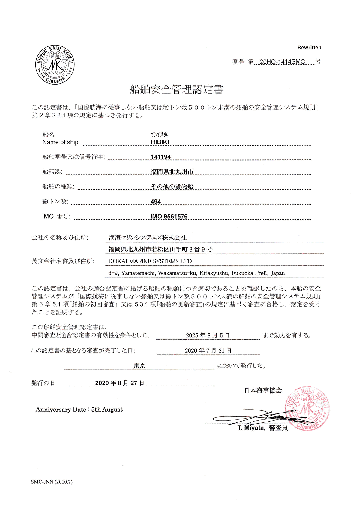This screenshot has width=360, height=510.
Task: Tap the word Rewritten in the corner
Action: coord(309,47)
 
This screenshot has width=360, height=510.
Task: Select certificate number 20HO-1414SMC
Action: coord(282,62)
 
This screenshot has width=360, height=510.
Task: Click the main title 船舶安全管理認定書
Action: coord(176,89)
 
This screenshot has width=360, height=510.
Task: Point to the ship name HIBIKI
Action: coord(160,142)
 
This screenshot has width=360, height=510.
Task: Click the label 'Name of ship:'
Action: coord(61,142)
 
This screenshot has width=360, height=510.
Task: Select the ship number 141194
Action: coord(161,157)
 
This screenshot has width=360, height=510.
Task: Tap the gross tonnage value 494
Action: coord(156,202)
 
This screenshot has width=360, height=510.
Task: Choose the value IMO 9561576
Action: coord(169,217)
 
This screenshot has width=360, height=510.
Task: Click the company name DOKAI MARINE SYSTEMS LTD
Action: coord(150,261)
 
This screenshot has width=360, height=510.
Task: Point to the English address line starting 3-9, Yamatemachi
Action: coord(196,273)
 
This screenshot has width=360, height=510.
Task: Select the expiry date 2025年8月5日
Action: coord(208,335)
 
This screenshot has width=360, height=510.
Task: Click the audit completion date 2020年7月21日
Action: coord(208,351)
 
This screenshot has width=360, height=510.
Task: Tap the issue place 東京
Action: coord(139,366)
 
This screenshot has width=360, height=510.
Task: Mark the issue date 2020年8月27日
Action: coord(120,383)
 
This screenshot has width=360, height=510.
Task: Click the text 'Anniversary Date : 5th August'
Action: coord(79,409)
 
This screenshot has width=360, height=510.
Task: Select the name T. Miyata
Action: coord(251,428)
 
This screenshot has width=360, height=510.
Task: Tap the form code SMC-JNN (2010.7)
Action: coord(52,482)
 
